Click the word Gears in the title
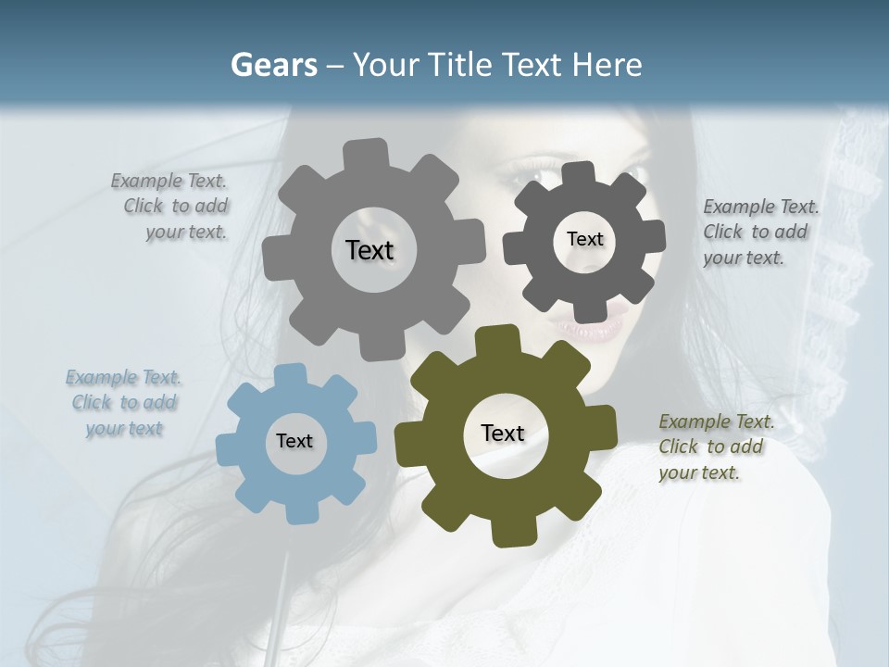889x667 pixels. point(273,65)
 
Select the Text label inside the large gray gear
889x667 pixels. point(369,250)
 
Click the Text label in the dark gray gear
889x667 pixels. point(584,239)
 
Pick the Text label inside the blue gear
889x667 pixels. point(294,441)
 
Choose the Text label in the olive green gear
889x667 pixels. point(503,433)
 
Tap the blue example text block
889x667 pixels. point(124,403)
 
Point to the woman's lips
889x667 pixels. point(589,327)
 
